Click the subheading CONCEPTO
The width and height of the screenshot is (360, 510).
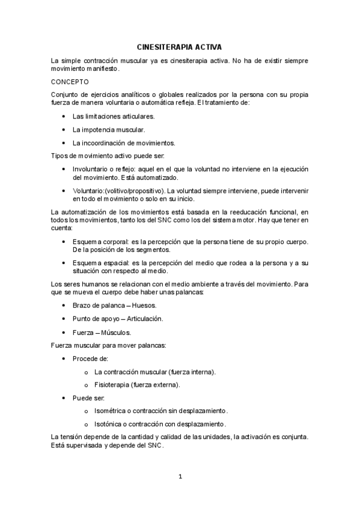tap(70, 81)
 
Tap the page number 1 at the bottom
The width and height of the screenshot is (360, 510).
tap(180, 477)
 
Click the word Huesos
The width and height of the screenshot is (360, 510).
tap(144, 305)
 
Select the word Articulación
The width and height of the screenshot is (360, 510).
tap(141, 318)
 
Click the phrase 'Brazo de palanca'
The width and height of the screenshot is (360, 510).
tap(95, 305)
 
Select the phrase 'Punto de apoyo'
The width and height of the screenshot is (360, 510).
tap(93, 318)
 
